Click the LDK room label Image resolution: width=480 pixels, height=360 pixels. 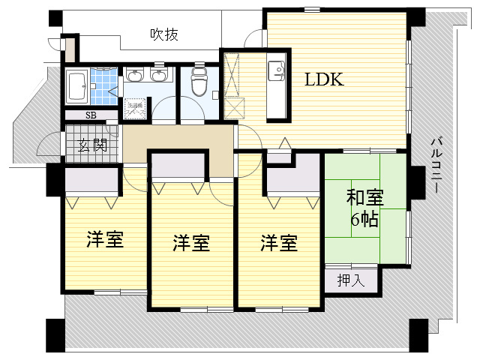click(x=324, y=80)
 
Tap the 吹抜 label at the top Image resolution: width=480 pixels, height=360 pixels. click(x=163, y=34)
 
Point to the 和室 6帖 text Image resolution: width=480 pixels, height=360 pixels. click(x=364, y=208)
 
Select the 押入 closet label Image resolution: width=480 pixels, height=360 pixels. click(x=350, y=281)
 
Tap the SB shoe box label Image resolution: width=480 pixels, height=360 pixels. click(x=90, y=115)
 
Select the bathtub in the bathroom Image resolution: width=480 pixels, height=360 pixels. click(x=76, y=87)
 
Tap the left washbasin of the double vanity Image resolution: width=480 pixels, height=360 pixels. click(x=135, y=75)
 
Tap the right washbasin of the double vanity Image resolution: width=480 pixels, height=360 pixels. click(x=158, y=75)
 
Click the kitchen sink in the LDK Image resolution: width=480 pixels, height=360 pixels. click(x=277, y=72)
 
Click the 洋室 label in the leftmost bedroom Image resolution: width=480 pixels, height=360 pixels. click(x=105, y=240)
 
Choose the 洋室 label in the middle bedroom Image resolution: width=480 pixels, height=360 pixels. click(x=191, y=243)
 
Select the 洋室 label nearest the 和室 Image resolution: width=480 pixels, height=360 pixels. click(x=279, y=243)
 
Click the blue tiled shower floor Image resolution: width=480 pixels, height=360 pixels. click(x=105, y=87)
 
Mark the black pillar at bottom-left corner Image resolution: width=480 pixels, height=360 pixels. click(x=56, y=335)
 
